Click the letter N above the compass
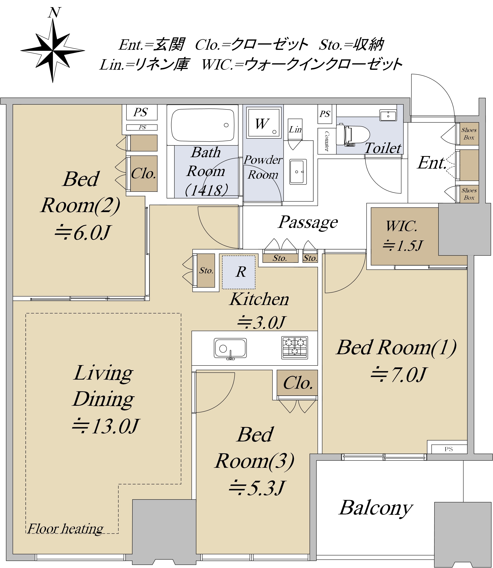tap(54, 13)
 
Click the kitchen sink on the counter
tap(230, 348)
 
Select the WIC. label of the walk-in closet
tap(402, 226)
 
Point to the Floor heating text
tap(65, 528)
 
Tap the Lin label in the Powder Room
tap(295, 129)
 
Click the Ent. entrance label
tap(431, 163)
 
